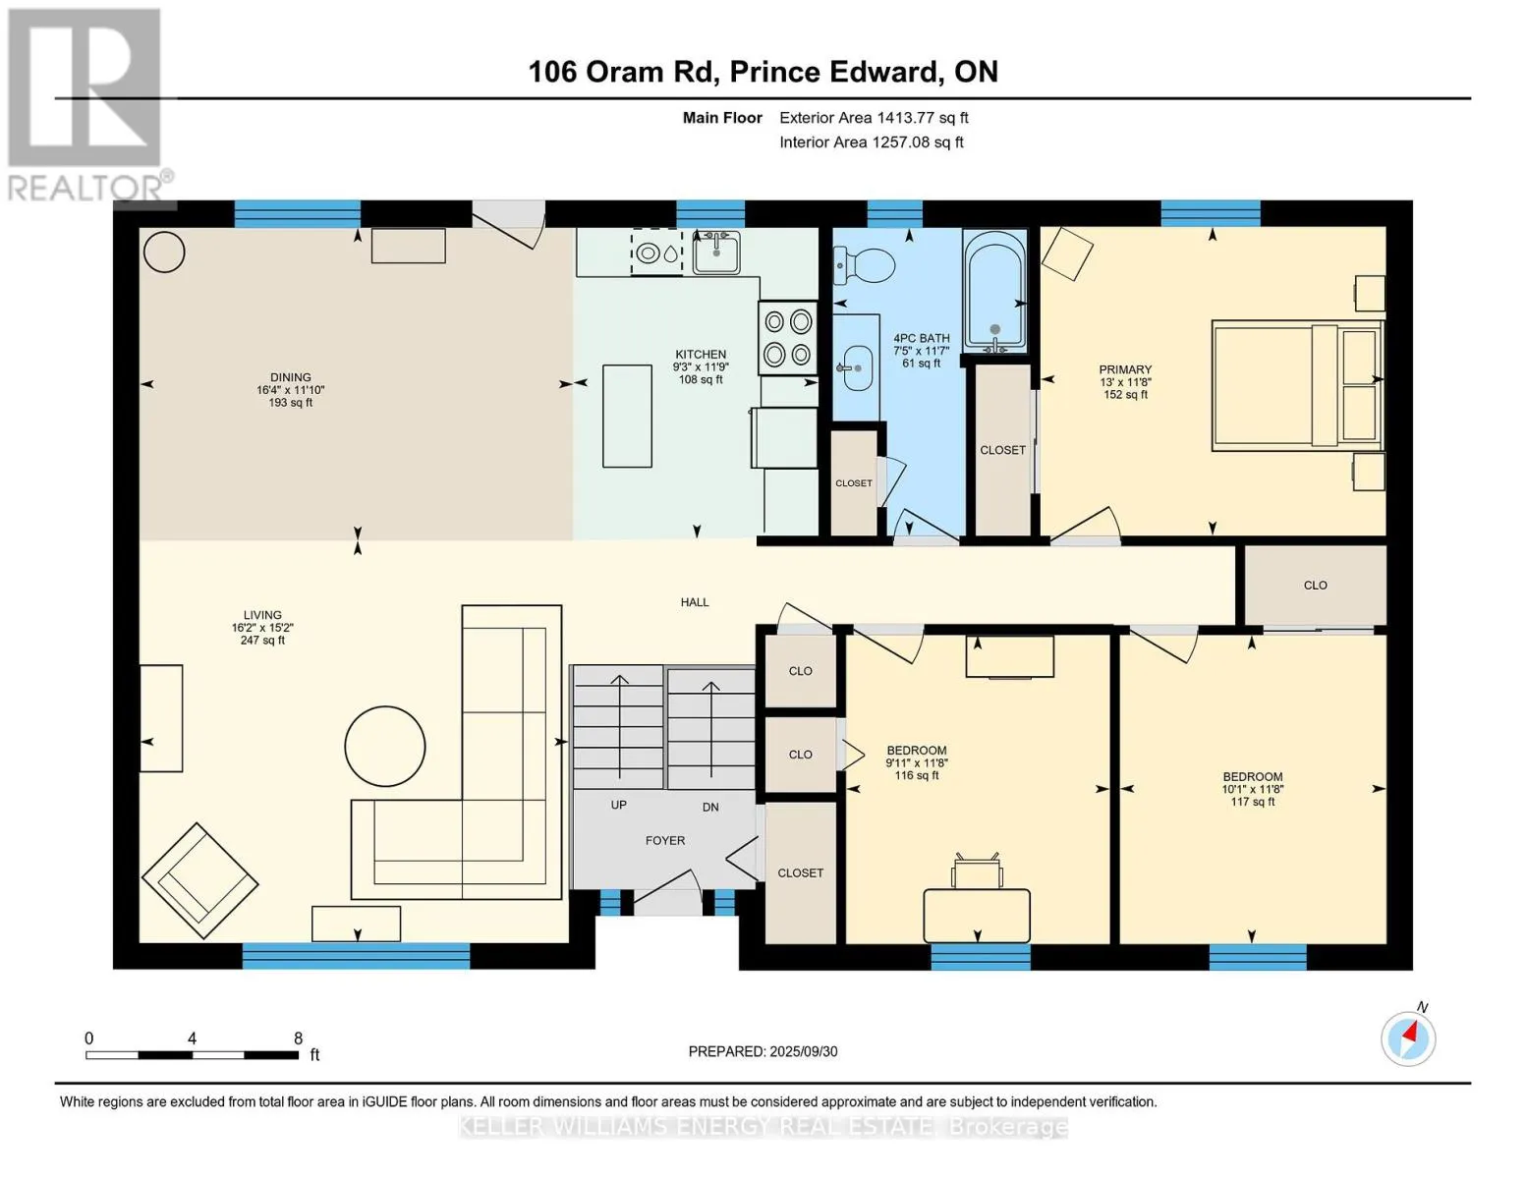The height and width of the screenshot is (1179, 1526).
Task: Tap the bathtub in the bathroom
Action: pyautogui.click(x=994, y=292)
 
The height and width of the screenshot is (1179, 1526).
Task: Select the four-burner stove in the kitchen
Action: pyautogui.click(x=787, y=338)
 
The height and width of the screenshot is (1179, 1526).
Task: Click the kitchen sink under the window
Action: pyautogui.click(x=716, y=253)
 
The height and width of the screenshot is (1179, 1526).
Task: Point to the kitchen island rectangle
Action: pyautogui.click(x=627, y=416)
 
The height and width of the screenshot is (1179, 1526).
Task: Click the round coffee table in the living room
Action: pyautogui.click(x=385, y=746)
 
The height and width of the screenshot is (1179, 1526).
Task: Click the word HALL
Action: pyautogui.click(x=695, y=602)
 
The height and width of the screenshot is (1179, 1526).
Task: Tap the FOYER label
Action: pyautogui.click(x=665, y=841)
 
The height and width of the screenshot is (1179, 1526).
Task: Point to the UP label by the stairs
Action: pyautogui.click(x=619, y=805)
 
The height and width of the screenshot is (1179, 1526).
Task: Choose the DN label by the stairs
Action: pyautogui.click(x=710, y=807)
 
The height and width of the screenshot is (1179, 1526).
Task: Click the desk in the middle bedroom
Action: pyautogui.click(x=977, y=916)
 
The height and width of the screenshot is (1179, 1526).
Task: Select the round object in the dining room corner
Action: pyautogui.click(x=164, y=253)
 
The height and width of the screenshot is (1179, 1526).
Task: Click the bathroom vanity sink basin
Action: pyautogui.click(x=856, y=368)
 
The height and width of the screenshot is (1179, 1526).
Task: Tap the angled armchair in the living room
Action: pyautogui.click(x=200, y=880)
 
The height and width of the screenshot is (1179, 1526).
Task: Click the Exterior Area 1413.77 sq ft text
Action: pyautogui.click(x=874, y=118)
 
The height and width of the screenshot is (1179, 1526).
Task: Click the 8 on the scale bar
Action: pyautogui.click(x=299, y=1038)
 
